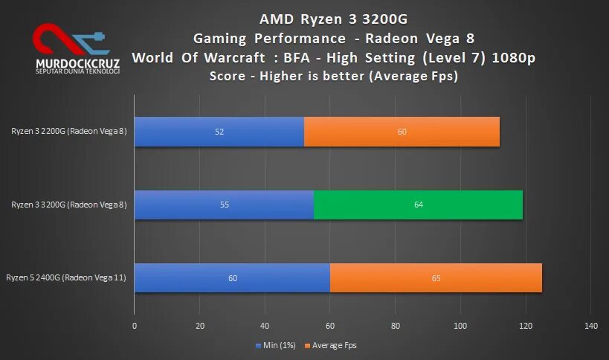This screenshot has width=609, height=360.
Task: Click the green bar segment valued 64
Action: coord(418,205)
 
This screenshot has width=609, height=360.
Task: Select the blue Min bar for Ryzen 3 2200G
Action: coord(219,132)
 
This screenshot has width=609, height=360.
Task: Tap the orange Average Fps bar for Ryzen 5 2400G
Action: coord(436,278)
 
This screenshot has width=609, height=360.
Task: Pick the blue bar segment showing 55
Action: coord(224,205)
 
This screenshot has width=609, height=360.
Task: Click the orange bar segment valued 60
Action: coord(402,132)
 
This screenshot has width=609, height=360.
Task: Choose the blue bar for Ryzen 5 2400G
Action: coord(232,278)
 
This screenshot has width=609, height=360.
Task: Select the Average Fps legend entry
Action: coord(334,345)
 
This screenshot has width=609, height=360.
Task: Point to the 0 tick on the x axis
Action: coord(135,326)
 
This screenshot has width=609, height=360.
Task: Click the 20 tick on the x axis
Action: coord(199,326)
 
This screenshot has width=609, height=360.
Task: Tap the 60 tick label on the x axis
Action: coord(330,326)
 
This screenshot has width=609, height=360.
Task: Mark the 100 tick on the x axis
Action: coord(460,326)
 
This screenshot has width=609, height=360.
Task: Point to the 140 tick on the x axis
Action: coord(591,326)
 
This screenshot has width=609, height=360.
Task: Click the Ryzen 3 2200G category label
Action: coord(69,132)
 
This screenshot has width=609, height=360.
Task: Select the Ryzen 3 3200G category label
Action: coord(69,205)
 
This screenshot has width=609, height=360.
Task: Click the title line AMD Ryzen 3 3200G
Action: coord(332,19)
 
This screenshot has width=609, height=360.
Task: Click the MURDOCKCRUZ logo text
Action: coord(77,63)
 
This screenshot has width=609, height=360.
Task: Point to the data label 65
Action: coord(436,278)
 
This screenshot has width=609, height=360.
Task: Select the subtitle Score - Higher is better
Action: coord(332,76)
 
